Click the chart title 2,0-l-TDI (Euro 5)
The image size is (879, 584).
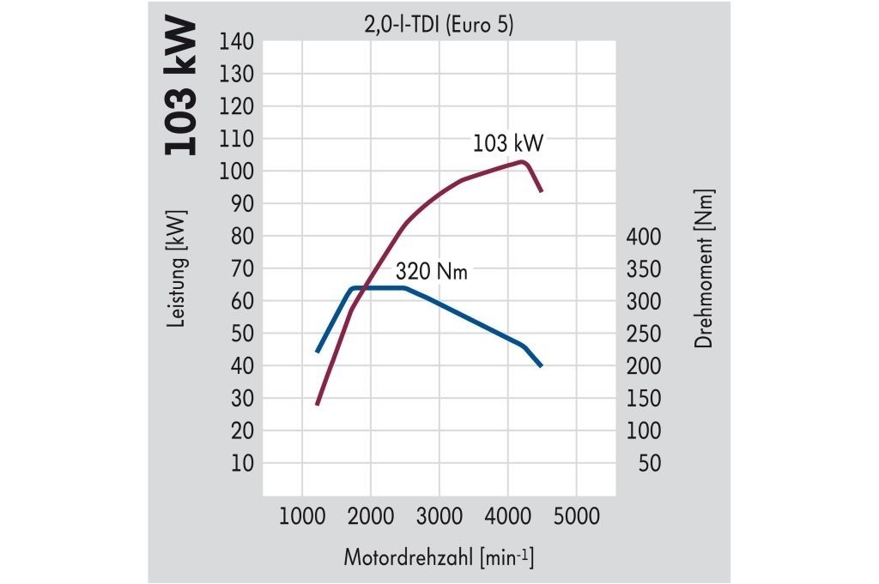438,26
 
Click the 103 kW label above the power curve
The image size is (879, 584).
508,142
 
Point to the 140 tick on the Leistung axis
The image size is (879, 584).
238,42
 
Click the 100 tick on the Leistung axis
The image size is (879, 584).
238,172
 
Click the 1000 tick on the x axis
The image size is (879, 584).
301,517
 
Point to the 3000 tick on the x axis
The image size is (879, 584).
439,517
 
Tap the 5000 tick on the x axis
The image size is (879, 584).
576,517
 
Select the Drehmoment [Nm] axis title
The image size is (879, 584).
705,268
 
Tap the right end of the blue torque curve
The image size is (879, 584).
542,366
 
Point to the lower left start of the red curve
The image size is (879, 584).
317,403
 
